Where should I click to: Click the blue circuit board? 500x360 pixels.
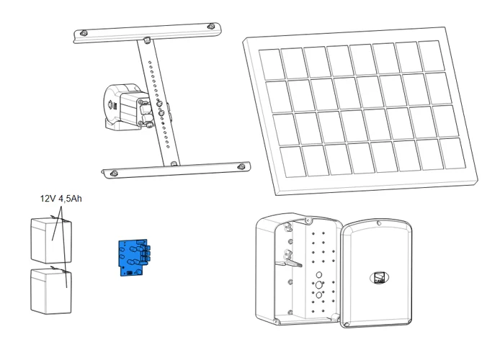[134, 258]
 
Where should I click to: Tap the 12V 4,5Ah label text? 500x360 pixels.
[61, 199]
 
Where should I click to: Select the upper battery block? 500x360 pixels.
[51, 240]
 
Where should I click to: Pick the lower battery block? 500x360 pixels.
[51, 291]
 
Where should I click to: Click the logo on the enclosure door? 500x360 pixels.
[379, 277]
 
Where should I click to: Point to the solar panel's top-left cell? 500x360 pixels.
[272, 64]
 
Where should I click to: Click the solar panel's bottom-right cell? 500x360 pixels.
[452, 153]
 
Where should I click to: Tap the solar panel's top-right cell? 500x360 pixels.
[432, 56]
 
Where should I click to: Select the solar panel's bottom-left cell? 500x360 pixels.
[293, 161]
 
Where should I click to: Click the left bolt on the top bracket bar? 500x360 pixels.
[84, 33]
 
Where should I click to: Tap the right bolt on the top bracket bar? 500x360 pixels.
[211, 26]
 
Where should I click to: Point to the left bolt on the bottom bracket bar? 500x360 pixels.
[114, 174]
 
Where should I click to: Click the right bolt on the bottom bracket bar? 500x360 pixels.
[241, 166]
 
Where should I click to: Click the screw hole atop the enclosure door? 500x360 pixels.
[379, 223]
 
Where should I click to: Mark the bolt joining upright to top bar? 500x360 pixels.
[147, 40]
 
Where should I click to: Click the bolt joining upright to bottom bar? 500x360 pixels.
[174, 163]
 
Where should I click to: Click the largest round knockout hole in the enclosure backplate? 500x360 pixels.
[319, 285]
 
